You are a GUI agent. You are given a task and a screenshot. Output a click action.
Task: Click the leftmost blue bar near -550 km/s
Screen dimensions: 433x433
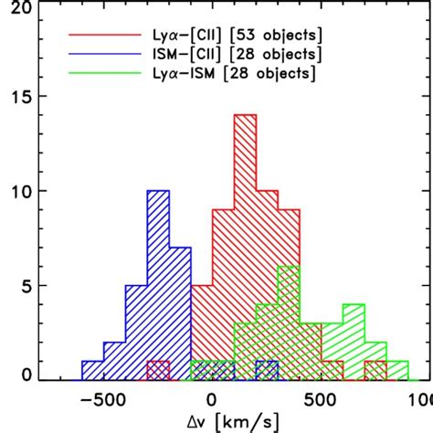[92, 371]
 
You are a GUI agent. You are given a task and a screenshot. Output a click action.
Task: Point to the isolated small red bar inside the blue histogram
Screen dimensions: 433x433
[158, 371]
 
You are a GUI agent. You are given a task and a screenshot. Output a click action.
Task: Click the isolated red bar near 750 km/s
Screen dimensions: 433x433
[375, 371]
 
